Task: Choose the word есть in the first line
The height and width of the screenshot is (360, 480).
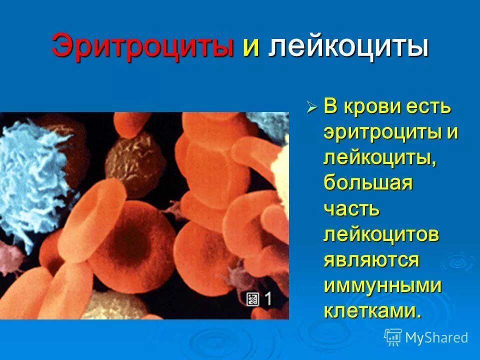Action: point(430,107)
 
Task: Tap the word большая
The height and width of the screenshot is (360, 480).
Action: point(368,183)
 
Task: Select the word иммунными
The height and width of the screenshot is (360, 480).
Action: point(382,285)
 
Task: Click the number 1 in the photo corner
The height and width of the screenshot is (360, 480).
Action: point(268,299)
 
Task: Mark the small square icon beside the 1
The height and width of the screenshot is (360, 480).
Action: point(252,299)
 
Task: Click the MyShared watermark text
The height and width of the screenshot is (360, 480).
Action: point(436,337)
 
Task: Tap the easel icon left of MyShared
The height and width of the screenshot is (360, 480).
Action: point(393,337)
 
